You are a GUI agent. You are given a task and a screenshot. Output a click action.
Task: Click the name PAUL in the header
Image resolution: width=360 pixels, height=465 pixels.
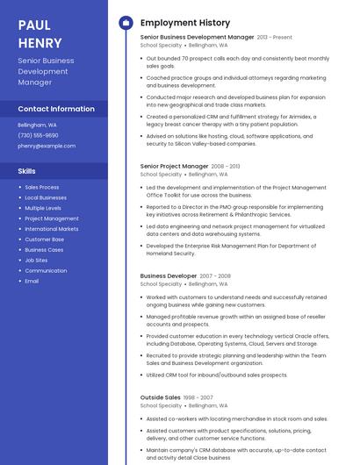pos(33,24)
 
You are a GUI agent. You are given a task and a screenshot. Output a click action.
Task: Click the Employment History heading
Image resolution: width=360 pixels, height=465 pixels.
pos(185,23)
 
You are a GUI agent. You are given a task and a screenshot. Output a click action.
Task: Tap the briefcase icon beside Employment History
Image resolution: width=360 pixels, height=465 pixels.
pos(126,23)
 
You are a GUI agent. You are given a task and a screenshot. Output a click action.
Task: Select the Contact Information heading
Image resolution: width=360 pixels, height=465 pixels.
pos(56,109)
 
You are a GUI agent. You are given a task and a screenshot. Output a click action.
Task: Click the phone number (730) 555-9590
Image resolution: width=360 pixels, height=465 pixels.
pos(38,135)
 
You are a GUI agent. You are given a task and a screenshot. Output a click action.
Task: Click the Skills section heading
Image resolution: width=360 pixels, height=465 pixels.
pos(27,171)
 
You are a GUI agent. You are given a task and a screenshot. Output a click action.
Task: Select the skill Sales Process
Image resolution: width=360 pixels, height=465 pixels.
pos(42,187)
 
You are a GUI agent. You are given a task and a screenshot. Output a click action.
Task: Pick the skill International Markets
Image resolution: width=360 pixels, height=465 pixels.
pos(52,229)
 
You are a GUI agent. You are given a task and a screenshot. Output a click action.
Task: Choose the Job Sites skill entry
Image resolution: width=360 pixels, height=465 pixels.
pos(37,261)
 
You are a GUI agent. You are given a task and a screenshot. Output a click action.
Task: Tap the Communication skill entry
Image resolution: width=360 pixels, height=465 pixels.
pos(46,271)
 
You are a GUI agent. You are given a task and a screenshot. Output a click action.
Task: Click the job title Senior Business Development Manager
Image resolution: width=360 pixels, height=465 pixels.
pos(197,38)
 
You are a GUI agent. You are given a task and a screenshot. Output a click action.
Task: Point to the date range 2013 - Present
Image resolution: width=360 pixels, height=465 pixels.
pos(274,38)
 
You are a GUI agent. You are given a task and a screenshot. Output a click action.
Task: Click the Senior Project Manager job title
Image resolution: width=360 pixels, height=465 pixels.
pos(175,166)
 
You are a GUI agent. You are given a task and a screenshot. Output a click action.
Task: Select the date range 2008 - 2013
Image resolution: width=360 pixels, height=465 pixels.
pos(226,166)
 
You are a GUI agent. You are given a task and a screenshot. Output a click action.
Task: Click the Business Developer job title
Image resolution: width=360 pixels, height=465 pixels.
pos(169,275)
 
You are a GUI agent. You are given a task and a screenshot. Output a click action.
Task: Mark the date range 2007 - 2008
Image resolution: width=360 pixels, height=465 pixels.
pos(215,275)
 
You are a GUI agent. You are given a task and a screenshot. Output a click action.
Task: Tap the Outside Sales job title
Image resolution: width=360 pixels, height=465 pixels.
pos(161,397)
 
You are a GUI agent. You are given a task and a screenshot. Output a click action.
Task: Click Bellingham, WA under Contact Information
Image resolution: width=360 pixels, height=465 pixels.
pos(36,125)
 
